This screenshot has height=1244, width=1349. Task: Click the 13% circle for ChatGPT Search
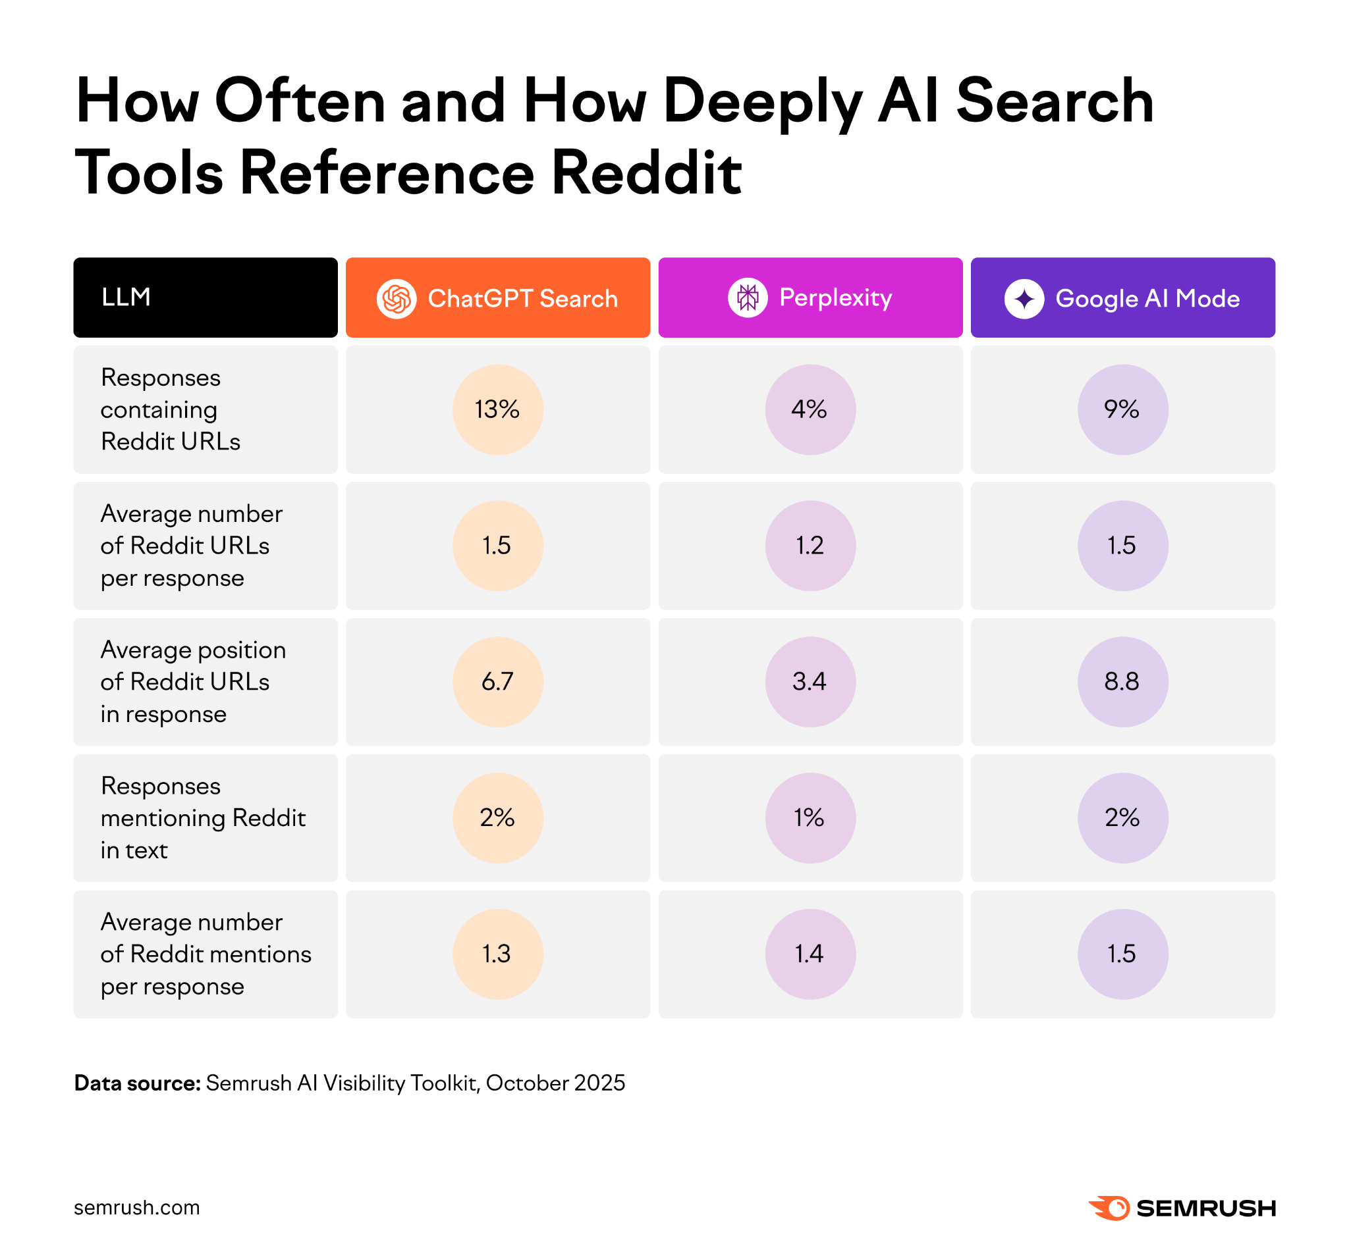[x=498, y=409]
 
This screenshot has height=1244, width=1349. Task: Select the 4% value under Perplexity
[x=810, y=409]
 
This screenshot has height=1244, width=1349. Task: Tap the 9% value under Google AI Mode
[x=1122, y=409]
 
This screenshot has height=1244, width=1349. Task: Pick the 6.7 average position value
[x=498, y=682]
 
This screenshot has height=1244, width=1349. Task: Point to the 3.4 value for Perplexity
[x=810, y=682]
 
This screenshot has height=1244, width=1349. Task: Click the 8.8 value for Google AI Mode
[x=1122, y=682]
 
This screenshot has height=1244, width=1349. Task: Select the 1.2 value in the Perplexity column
[x=810, y=545]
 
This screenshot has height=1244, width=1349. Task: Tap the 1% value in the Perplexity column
[x=810, y=818]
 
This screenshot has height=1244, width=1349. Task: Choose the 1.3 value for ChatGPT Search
[x=498, y=954]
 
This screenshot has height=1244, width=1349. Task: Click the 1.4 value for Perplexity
[x=810, y=954]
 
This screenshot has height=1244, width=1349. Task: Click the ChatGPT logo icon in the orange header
[x=396, y=298]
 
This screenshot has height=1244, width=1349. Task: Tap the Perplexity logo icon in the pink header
[x=748, y=297]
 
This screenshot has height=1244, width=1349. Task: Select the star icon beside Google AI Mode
[x=1024, y=298]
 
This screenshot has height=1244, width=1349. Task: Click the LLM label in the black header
[x=126, y=297]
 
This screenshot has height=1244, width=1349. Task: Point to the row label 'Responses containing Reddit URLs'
[x=171, y=409]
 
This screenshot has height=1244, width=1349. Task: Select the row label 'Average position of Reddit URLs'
[x=192, y=682]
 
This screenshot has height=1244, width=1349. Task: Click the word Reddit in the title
[x=647, y=174]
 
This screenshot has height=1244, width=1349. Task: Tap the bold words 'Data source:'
[x=138, y=1083]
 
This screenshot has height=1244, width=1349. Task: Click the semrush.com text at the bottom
[x=137, y=1208]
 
